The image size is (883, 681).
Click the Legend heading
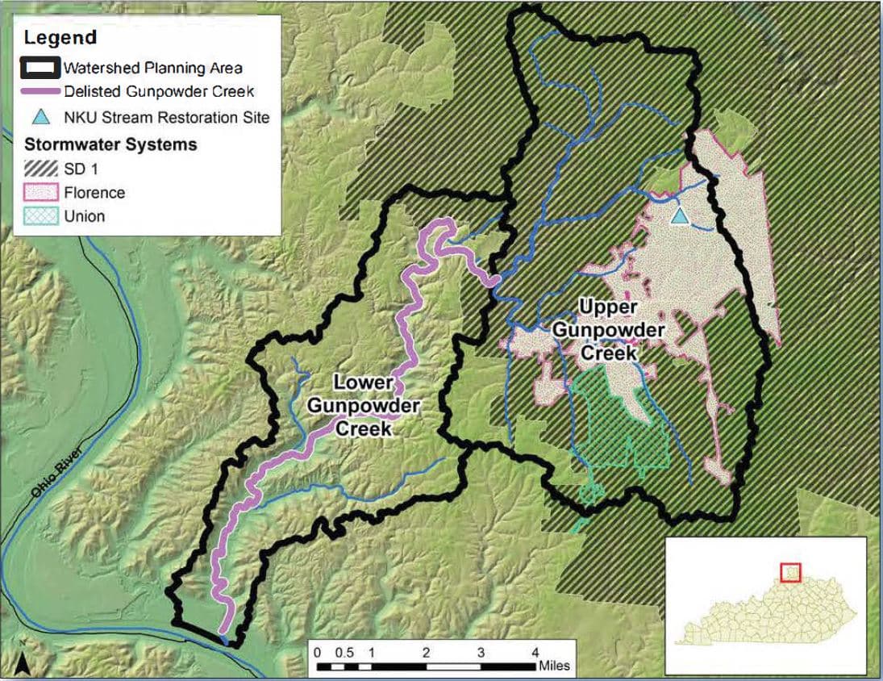tap(60, 37)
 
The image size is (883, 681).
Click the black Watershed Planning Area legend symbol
tap(41, 67)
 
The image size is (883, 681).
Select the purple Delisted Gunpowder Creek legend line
tap(41, 91)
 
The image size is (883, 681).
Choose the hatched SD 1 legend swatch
tap(41, 169)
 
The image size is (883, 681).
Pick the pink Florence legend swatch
tap(41, 193)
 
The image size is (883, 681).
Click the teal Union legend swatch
tap(41, 216)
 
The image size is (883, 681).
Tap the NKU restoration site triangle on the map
tap(680, 215)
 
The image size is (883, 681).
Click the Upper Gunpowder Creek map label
tap(621, 331)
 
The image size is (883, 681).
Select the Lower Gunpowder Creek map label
tap(364, 405)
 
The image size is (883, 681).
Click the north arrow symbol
tap(24, 665)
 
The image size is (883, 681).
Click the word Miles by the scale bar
tap(554, 666)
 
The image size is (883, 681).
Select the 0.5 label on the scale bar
tap(344, 652)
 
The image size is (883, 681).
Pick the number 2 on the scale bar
tap(426, 652)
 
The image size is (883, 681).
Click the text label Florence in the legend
tap(94, 193)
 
